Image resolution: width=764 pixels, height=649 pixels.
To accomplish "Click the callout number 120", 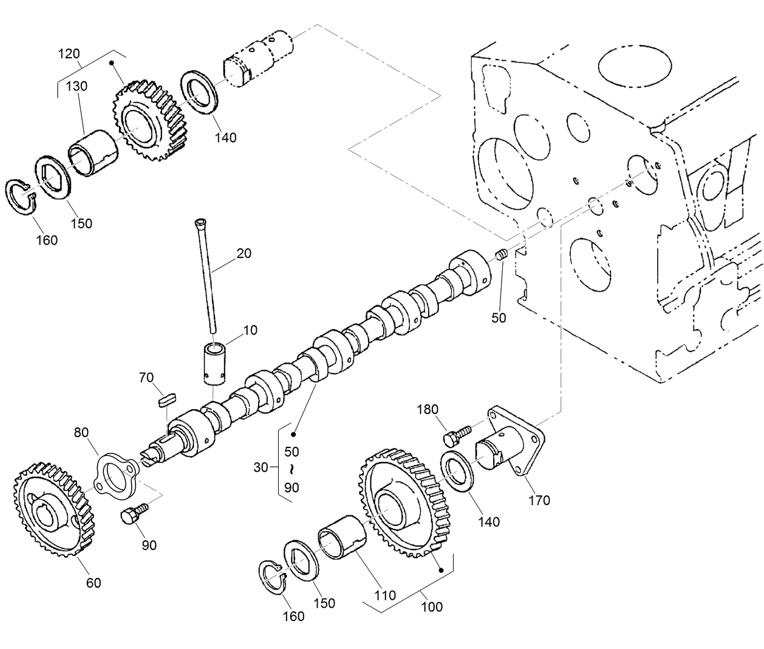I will [x=69, y=53].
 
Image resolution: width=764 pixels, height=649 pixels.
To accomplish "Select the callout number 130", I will [x=77, y=86].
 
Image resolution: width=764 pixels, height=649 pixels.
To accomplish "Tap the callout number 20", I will [x=244, y=253].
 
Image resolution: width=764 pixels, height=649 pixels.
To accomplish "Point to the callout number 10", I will [x=250, y=330].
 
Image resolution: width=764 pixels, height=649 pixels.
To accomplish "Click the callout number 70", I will [x=146, y=378].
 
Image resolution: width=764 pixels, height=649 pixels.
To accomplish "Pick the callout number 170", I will [x=539, y=500].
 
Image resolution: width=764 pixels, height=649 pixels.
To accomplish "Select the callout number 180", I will [x=427, y=409].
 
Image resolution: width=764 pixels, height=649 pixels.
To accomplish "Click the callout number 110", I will [x=385, y=596].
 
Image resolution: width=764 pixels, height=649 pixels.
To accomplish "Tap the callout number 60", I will [x=93, y=583].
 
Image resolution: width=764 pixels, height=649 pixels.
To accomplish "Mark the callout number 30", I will [x=261, y=467].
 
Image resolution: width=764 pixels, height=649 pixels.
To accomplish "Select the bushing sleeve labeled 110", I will [x=343, y=537].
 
